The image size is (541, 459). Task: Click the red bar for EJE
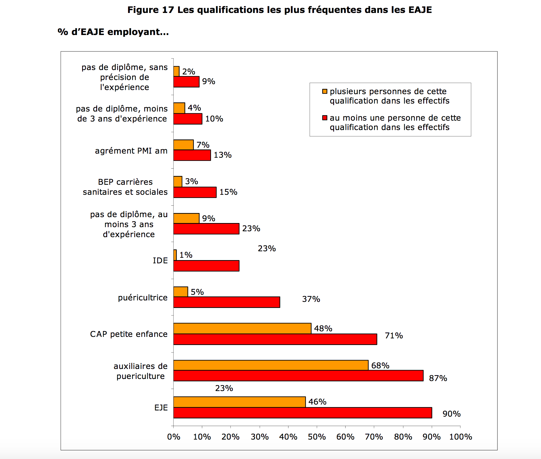303,413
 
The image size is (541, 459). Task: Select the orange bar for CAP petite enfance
242,328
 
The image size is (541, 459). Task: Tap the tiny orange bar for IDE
175,255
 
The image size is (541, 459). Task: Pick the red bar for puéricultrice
227,302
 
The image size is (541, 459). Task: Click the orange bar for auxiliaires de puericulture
271,365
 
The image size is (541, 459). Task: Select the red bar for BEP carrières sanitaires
195,192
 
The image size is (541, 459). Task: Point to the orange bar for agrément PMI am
183,145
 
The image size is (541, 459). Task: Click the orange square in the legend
325,92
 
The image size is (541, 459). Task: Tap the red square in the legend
325,118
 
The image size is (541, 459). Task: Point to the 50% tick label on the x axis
317,437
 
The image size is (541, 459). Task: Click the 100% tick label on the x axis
460,437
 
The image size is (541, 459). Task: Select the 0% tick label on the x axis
174,437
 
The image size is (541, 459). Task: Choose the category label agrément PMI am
131,151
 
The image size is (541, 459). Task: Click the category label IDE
160,261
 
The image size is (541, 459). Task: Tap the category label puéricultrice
143,298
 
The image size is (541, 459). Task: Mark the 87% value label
438,378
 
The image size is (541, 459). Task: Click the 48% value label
323,329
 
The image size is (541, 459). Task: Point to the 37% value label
311,299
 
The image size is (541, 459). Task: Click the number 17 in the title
168,10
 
